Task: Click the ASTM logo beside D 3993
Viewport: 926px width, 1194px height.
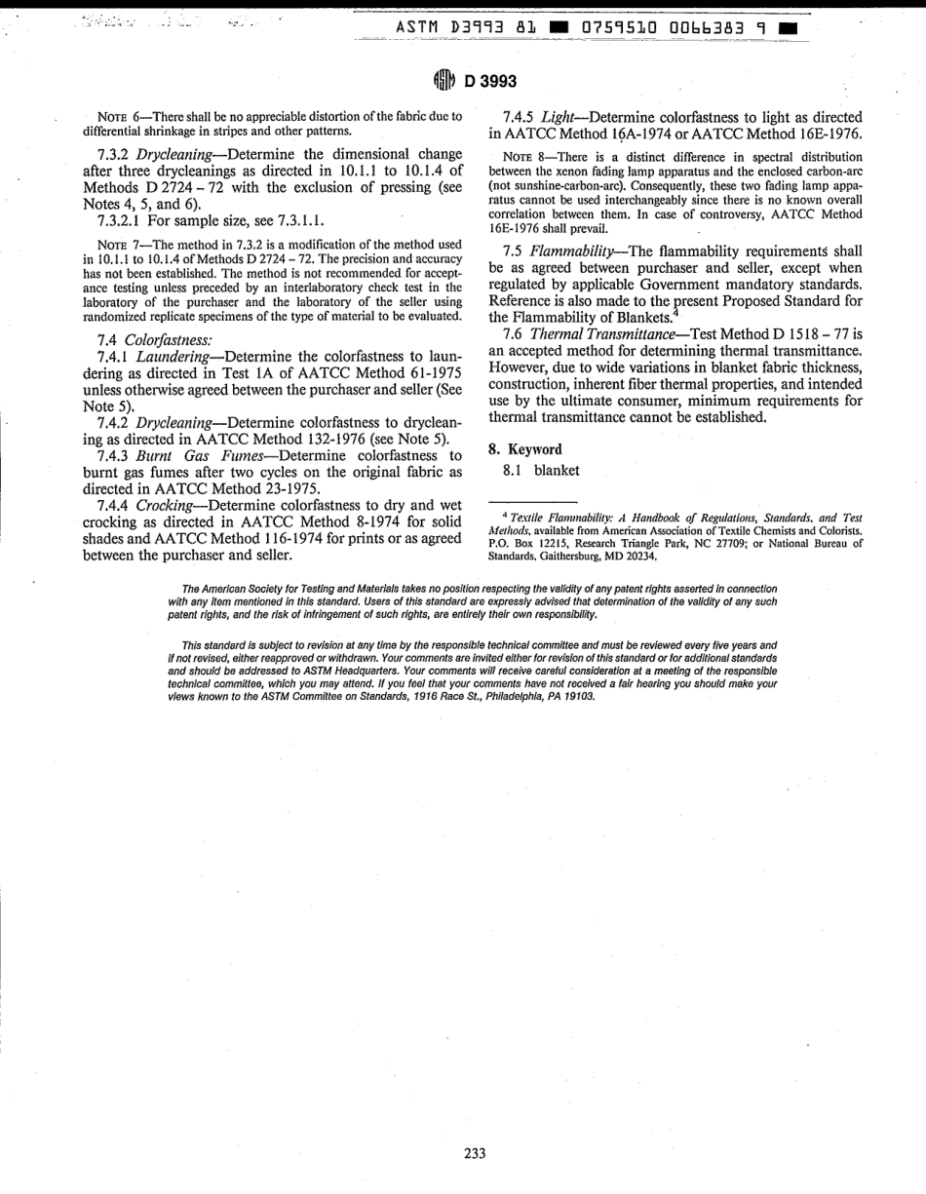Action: click(444, 81)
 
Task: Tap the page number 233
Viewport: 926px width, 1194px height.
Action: click(475, 1153)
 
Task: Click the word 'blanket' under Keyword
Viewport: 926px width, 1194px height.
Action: click(557, 470)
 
